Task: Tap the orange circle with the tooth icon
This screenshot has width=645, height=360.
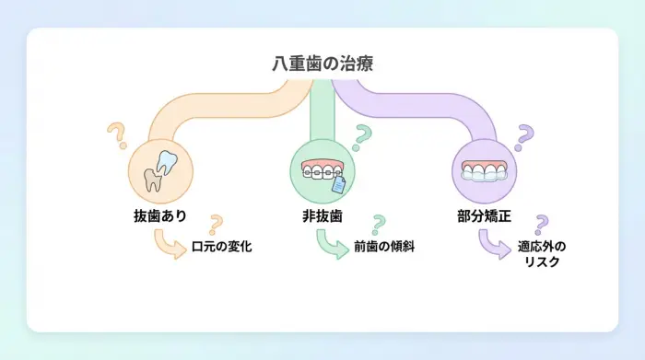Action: (x=159, y=171)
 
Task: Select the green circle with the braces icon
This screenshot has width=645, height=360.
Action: (x=322, y=171)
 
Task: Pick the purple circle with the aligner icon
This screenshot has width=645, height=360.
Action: (x=484, y=171)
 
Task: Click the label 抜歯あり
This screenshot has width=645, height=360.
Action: (x=159, y=216)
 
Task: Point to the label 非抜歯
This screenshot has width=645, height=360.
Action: (x=322, y=216)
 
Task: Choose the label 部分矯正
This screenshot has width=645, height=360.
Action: (x=484, y=216)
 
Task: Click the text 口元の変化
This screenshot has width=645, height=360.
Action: (x=221, y=247)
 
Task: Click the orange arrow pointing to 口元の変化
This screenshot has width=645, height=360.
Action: (x=168, y=244)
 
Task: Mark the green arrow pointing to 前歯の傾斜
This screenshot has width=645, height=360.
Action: (x=329, y=244)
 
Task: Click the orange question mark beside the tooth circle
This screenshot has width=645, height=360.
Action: (x=116, y=136)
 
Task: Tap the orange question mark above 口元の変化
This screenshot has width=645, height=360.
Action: (x=216, y=224)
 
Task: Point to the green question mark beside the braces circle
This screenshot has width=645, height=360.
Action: (x=362, y=136)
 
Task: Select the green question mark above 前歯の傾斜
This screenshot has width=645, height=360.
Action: (x=377, y=224)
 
